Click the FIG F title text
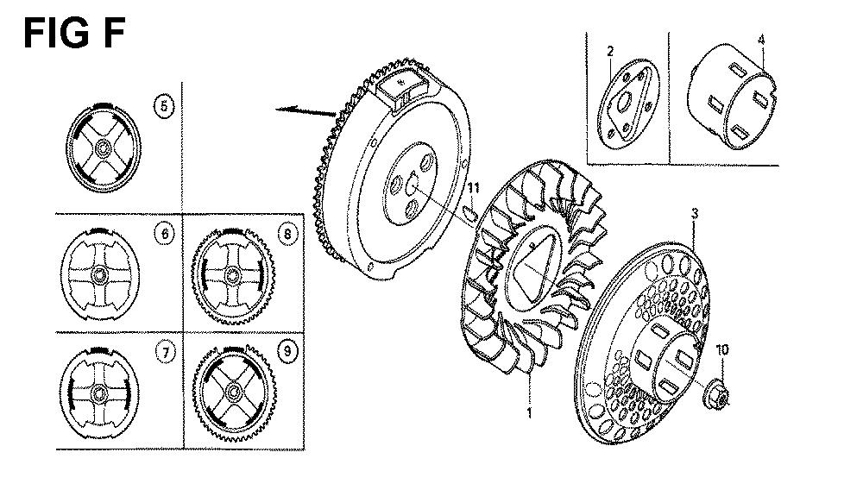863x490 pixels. [74, 33]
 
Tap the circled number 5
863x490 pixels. [164, 105]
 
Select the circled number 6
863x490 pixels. [165, 234]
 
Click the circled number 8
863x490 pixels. [287, 234]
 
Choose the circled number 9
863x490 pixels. [287, 350]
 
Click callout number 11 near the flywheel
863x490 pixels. [473, 189]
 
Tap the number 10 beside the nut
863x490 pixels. [722, 349]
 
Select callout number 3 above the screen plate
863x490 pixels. [695, 213]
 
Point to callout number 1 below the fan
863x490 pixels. [530, 412]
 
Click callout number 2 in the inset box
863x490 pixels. [610, 51]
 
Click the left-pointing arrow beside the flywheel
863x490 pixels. [306, 111]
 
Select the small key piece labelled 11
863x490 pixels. [470, 215]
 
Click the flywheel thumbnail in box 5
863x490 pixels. [104, 148]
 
